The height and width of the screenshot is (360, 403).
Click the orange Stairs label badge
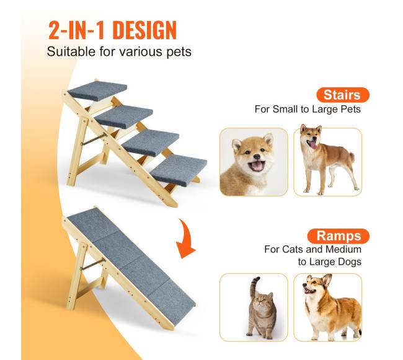[x=343, y=95]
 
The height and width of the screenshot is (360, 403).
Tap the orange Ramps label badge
[x=339, y=236]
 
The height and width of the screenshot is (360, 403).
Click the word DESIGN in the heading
[x=144, y=30]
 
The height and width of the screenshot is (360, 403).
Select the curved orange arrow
[x=187, y=240]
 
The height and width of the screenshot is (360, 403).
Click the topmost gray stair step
[x=97, y=90]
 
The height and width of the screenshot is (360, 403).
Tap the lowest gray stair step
[x=179, y=170]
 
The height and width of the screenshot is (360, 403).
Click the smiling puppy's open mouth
[x=257, y=165]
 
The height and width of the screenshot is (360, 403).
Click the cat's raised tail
[x=254, y=286]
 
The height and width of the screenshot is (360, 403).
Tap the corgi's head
[x=316, y=284]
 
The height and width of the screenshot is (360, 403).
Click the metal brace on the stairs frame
[x=94, y=139]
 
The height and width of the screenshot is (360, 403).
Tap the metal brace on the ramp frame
[x=93, y=264]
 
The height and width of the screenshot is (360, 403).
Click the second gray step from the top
[x=123, y=117]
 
